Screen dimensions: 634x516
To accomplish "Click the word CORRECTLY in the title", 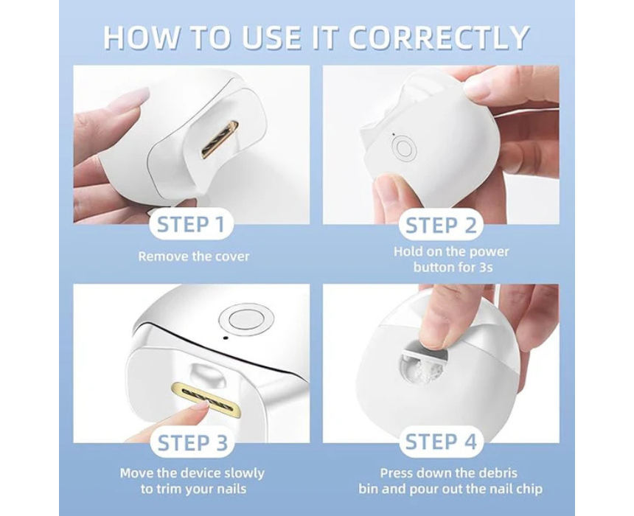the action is point(439,38).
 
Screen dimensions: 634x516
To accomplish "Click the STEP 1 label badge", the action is point(191,224).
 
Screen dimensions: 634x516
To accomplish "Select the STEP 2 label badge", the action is point(441,226).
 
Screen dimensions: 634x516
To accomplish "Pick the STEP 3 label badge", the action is point(192,443).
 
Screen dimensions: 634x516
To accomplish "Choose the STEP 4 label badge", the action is point(441,442).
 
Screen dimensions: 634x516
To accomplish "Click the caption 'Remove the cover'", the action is point(194,257).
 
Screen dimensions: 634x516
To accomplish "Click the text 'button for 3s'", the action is point(453,268).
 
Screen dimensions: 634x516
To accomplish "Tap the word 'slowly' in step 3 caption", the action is point(244,473).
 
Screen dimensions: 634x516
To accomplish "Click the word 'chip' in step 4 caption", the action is point(529,489).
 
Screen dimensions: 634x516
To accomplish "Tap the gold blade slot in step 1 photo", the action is point(218,139).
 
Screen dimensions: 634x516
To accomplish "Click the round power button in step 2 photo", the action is point(404,148).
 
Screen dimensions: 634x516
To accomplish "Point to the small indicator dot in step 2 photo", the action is point(394,134).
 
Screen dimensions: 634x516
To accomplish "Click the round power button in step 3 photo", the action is point(245,319).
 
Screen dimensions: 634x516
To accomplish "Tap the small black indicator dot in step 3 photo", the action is point(226,338).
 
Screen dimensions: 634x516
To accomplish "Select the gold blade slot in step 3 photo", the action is point(207,398).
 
